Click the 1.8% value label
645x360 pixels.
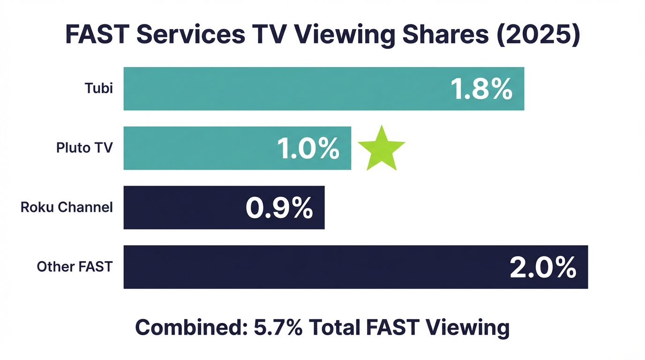point(481,89)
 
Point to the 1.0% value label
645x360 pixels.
point(308,149)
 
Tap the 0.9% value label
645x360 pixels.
point(279,208)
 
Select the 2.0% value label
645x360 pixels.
point(543,268)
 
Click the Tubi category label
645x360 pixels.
point(99,88)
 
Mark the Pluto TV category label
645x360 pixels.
point(84,148)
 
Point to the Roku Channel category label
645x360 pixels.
point(67,207)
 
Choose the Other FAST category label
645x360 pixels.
point(75,267)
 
